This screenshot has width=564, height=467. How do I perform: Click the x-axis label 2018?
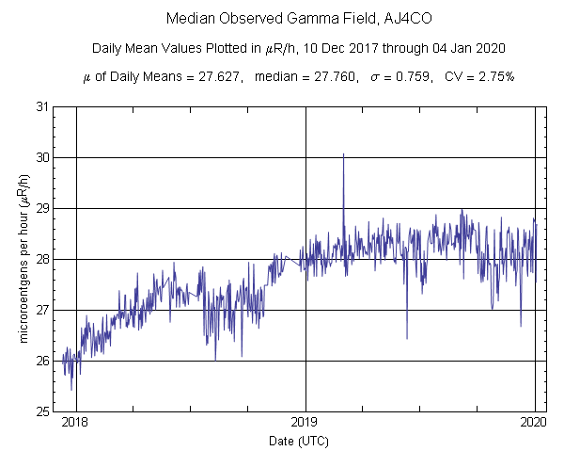[x=76, y=424]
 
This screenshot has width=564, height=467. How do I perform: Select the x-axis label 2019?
[x=305, y=424]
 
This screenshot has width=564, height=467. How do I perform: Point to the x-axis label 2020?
[x=535, y=424]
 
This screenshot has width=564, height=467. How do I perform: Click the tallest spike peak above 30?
[x=344, y=153]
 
